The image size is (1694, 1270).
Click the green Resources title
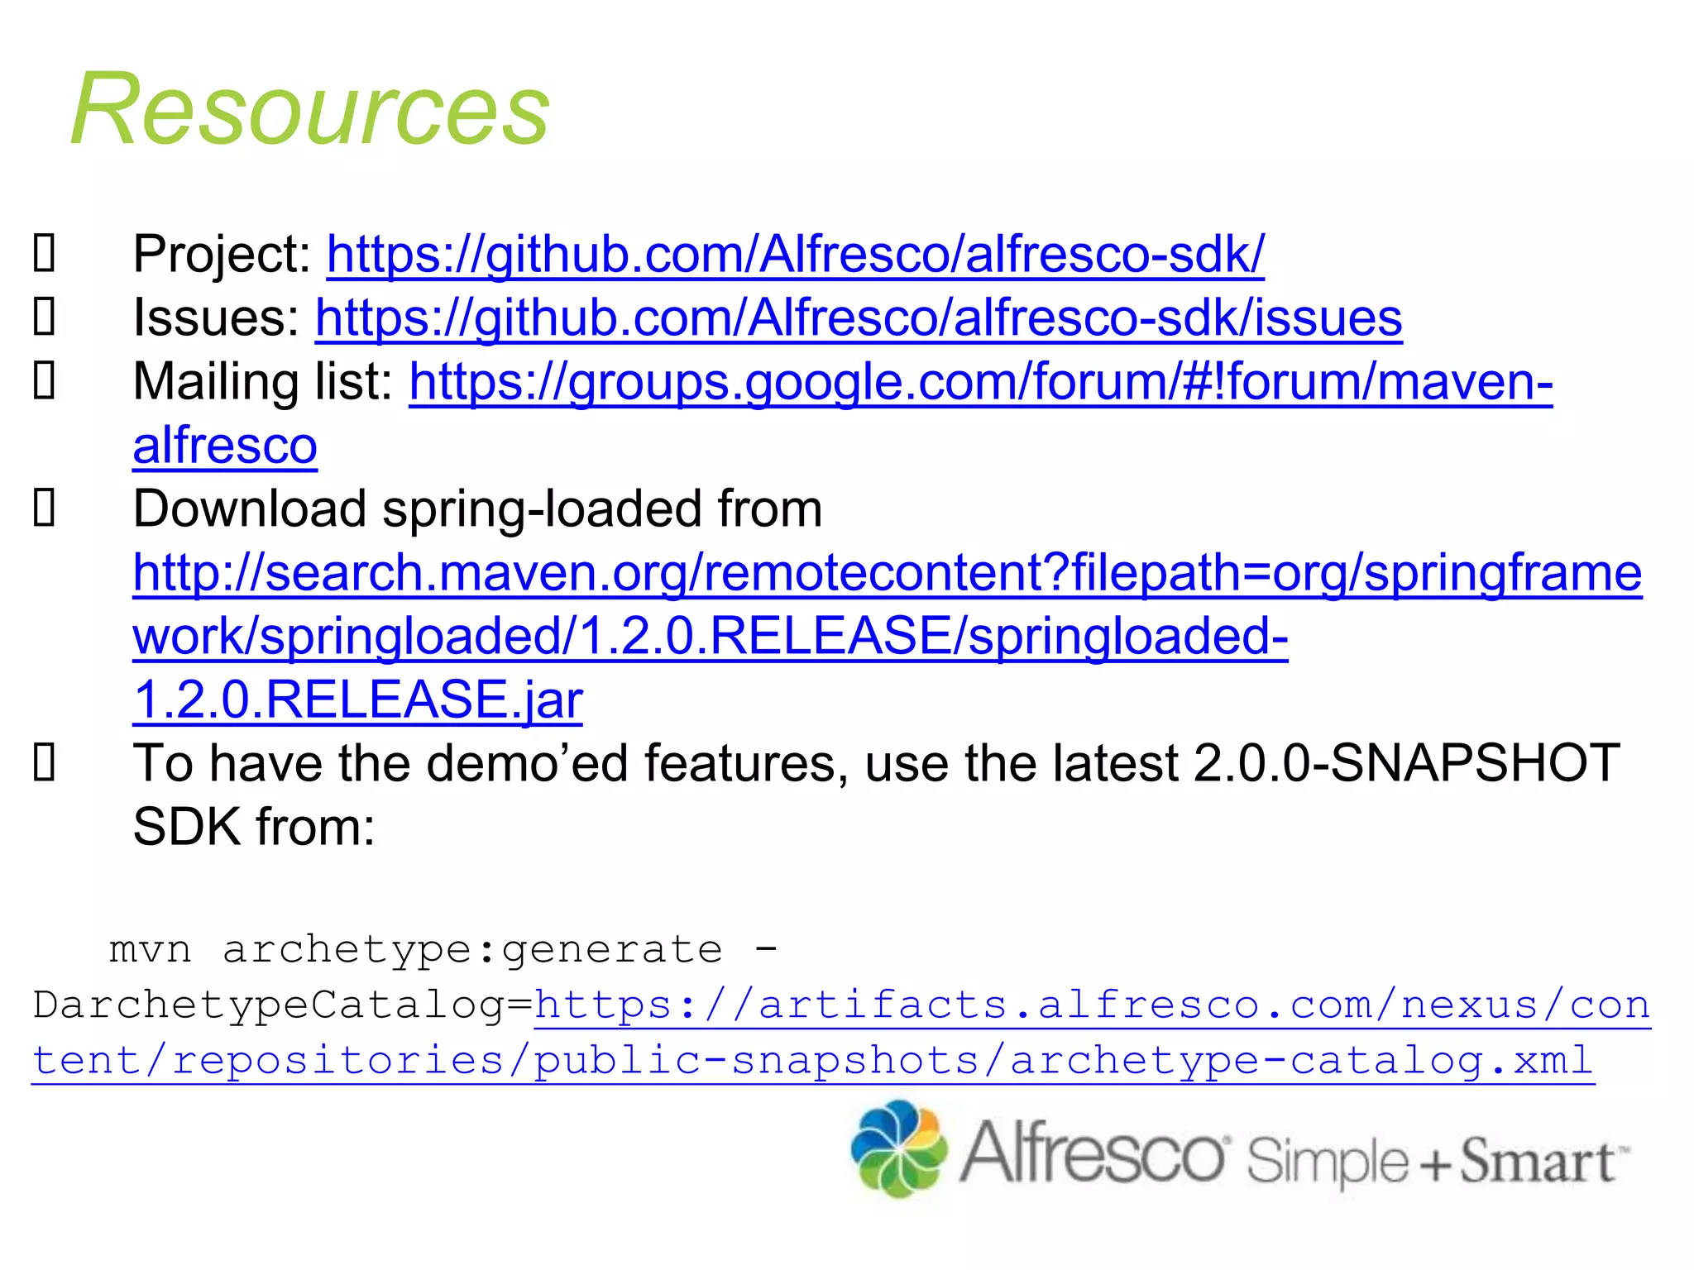click(310, 110)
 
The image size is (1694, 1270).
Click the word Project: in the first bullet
click(222, 254)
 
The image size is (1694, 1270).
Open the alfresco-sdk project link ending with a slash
click(795, 254)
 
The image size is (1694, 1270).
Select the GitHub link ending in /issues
click(858, 317)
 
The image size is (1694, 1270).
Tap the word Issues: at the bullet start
click(216, 317)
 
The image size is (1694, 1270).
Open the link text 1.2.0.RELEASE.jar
click(357, 699)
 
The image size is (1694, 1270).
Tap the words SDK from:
click(254, 827)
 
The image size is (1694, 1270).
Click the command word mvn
click(151, 949)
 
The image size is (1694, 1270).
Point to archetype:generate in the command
click(472, 949)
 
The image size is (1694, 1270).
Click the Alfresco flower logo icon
click(899, 1148)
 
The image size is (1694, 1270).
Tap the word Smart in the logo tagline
click(1536, 1161)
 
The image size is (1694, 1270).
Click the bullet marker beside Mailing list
click(44, 381)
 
